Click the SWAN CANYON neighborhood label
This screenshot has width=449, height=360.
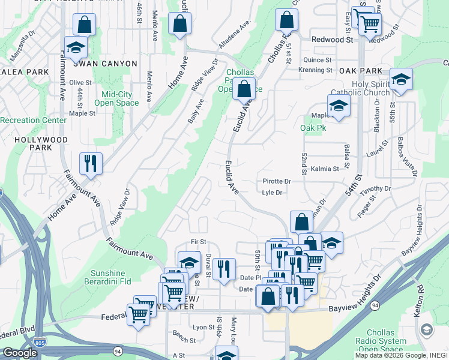[106, 64]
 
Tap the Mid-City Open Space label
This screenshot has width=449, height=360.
[112, 98]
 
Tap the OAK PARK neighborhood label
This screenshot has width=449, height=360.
[360, 70]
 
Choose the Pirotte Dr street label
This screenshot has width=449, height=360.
[277, 181]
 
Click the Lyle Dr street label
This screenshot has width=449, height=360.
[272, 193]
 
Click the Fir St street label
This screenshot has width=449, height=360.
[198, 242]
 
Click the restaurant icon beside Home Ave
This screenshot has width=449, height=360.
[91, 163]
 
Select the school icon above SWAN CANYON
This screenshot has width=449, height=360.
[76, 47]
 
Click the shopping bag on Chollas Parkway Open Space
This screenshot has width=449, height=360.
[244, 89]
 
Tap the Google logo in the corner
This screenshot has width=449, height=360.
[20, 353]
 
